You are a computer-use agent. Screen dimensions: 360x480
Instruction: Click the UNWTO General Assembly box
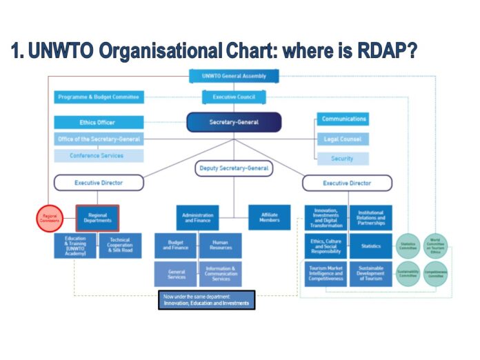[x=234, y=77]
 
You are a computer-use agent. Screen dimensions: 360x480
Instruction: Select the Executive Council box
[x=234, y=97]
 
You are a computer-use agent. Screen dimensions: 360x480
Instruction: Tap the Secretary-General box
[x=234, y=122]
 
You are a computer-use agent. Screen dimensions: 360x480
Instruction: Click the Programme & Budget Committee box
[x=99, y=97]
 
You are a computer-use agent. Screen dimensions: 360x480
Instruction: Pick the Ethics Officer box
[x=99, y=122]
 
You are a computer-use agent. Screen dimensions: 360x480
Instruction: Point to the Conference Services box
[x=99, y=156]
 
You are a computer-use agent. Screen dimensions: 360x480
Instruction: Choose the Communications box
[x=343, y=119]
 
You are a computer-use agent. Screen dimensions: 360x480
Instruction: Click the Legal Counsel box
[x=343, y=139]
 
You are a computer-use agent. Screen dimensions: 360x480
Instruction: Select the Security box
[x=343, y=159]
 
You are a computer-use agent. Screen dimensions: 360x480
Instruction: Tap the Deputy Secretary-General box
[x=234, y=168]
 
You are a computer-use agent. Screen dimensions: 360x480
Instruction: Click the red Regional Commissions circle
[x=50, y=217]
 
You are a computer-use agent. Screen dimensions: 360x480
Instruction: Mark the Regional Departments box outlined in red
[x=98, y=217]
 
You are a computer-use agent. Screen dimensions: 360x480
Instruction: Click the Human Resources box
[x=221, y=245]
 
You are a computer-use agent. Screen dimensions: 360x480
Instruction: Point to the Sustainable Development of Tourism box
[x=370, y=274]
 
